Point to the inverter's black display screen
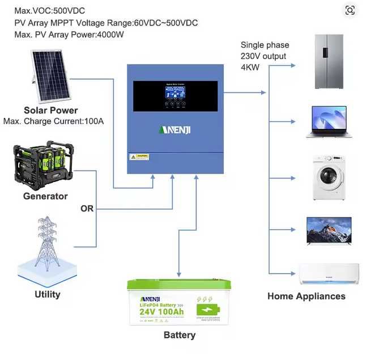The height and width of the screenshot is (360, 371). pyautogui.click(x=176, y=96)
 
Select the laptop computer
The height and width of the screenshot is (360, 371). pyautogui.click(x=329, y=122)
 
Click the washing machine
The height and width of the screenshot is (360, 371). pyautogui.click(x=329, y=176)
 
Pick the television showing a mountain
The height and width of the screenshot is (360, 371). pyautogui.click(x=329, y=231)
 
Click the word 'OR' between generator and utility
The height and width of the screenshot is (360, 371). pyautogui.click(x=87, y=209)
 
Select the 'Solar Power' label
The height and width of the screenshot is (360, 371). pyautogui.click(x=51, y=110)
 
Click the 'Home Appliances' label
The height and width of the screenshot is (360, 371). pyautogui.click(x=306, y=296)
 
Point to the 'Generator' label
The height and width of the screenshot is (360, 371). pyautogui.click(x=45, y=196)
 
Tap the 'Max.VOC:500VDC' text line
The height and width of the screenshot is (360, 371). pyautogui.click(x=50, y=11)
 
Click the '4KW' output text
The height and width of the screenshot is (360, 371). pyautogui.click(x=250, y=67)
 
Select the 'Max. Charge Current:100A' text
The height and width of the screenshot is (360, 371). pyautogui.click(x=58, y=121)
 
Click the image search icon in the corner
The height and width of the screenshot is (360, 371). pyautogui.click(x=350, y=10)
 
